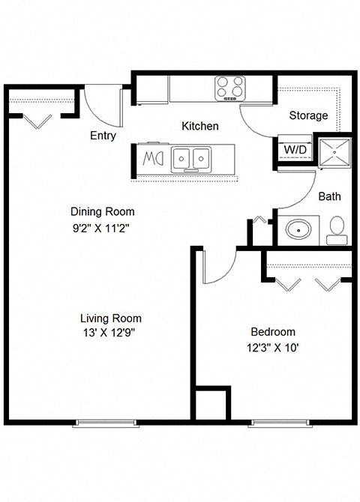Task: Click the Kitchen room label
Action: (200, 126)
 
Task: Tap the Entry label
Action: (103, 136)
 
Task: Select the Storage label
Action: (308, 115)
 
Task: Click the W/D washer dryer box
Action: (295, 149)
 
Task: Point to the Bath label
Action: (329, 196)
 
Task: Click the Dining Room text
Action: (103, 211)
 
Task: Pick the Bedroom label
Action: (272, 331)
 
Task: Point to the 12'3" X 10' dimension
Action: (272, 348)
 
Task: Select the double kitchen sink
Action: (190, 159)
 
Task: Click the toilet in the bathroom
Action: (337, 229)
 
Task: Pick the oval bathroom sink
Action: (299, 229)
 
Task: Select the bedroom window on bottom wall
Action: (277, 423)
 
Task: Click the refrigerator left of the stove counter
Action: (152, 89)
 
